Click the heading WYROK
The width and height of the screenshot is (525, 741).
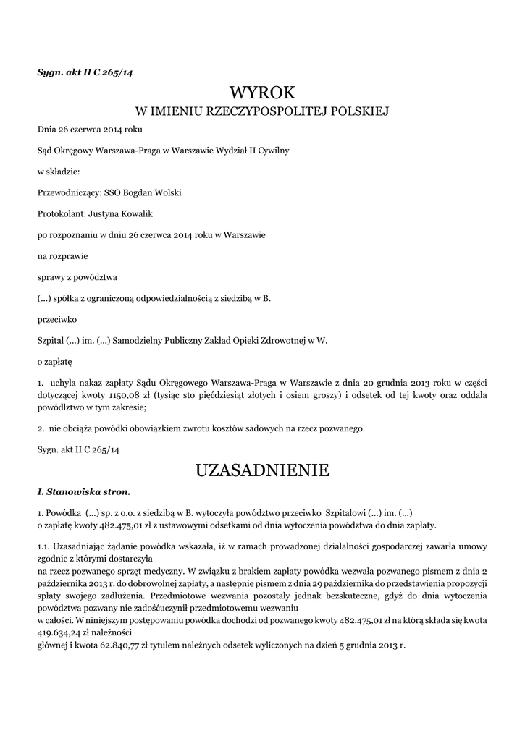pos(262,93)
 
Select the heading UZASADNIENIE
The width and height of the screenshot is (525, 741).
pos(262,471)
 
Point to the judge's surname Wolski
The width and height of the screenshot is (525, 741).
pos(164,193)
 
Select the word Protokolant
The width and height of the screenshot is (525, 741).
pos(60,214)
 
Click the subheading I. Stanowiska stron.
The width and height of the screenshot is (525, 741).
pos(84,492)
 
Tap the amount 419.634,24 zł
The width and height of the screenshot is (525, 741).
pos(62,631)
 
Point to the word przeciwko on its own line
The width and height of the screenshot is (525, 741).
pos(57,318)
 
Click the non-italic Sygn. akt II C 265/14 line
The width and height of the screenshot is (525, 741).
pos(78,449)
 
